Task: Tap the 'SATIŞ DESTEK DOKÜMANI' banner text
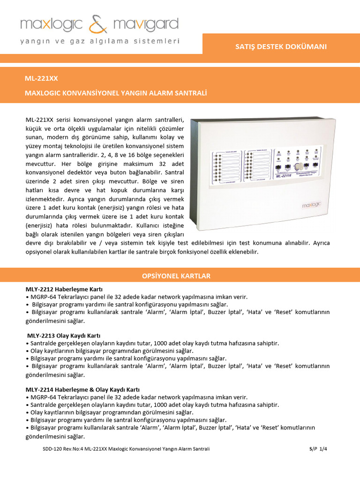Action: point(281,46)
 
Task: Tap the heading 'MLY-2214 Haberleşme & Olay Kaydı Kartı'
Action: point(82,390)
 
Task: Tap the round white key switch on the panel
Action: point(297,166)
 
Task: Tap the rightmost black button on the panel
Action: point(318,165)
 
